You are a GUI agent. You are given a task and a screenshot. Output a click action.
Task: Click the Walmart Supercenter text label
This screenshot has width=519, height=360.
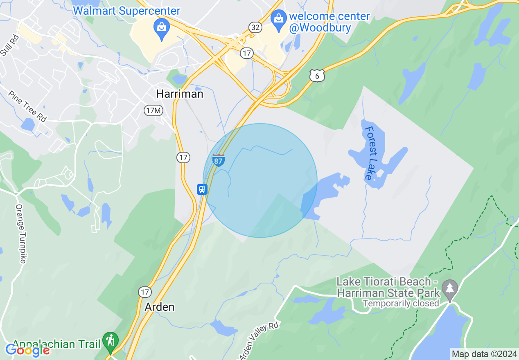pyautogui.click(x=126, y=11)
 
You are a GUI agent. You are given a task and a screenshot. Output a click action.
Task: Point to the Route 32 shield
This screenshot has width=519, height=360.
pyautogui.click(x=255, y=27)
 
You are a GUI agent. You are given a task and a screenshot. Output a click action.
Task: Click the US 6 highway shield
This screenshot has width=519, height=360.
pyautogui.click(x=317, y=75)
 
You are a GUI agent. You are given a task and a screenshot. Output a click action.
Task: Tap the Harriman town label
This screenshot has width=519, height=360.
pyautogui.click(x=180, y=94)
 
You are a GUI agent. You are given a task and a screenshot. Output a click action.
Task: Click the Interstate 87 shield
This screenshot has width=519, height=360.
pyautogui.click(x=219, y=160)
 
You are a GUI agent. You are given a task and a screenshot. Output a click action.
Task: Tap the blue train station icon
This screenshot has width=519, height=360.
pyautogui.click(x=202, y=189)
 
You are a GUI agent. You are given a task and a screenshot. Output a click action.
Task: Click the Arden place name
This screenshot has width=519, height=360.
pyautogui.click(x=160, y=307)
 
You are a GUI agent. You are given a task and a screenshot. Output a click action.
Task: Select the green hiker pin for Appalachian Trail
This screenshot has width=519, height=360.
pyautogui.click(x=110, y=341)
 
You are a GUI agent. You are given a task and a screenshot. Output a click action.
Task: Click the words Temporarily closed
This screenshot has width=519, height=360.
pyautogui.click(x=401, y=304)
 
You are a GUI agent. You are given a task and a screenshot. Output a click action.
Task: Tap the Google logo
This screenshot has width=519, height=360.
pyautogui.click(x=27, y=350)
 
